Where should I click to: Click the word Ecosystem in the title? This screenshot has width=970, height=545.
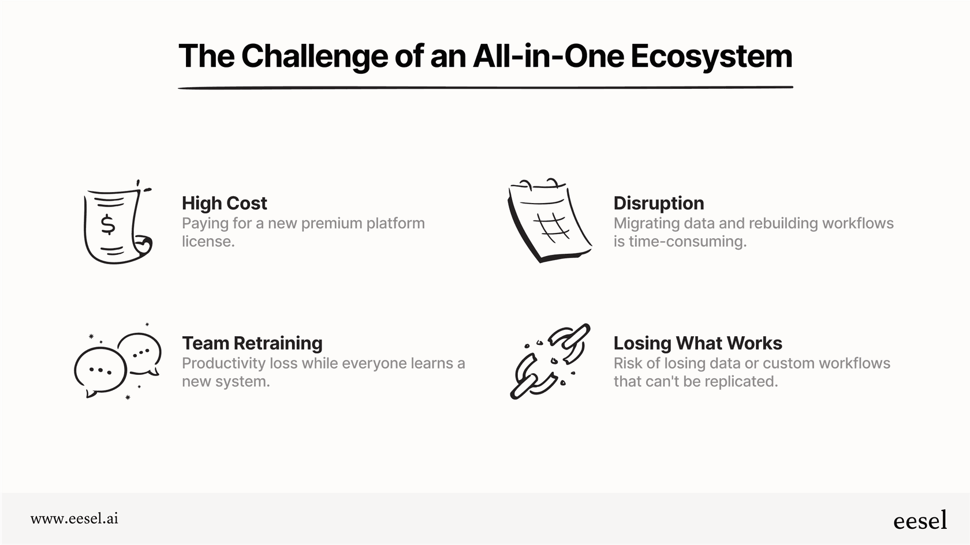(x=711, y=57)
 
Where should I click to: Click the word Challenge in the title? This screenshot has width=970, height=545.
(x=315, y=57)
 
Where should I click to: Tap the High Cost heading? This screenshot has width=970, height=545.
(x=224, y=203)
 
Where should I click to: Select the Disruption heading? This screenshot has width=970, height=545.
(x=658, y=203)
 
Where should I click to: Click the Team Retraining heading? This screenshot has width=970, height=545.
(x=252, y=343)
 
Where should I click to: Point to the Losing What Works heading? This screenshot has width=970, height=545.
(x=697, y=343)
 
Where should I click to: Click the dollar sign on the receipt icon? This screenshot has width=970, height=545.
(x=108, y=224)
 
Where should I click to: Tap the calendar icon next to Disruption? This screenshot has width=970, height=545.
(x=549, y=221)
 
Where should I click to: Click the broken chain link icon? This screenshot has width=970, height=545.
(x=550, y=361)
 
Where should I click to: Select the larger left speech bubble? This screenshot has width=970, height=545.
(x=100, y=371)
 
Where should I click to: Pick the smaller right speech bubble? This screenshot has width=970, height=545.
(x=140, y=352)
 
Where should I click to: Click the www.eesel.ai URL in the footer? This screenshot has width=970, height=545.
(x=74, y=518)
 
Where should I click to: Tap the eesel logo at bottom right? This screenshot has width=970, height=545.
(x=920, y=520)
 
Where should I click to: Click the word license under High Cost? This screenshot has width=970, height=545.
(x=207, y=242)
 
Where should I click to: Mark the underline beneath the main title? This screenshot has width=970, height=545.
(x=485, y=88)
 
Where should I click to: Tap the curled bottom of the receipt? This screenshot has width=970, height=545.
(x=141, y=245)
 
